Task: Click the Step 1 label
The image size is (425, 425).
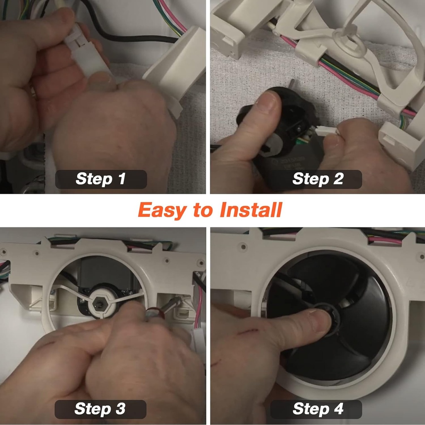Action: (100, 179)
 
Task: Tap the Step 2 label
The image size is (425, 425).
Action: (318, 179)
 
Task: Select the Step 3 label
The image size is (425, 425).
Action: (100, 409)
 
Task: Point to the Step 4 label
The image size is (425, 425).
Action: (318, 409)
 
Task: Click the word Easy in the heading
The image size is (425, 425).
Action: (162, 210)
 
